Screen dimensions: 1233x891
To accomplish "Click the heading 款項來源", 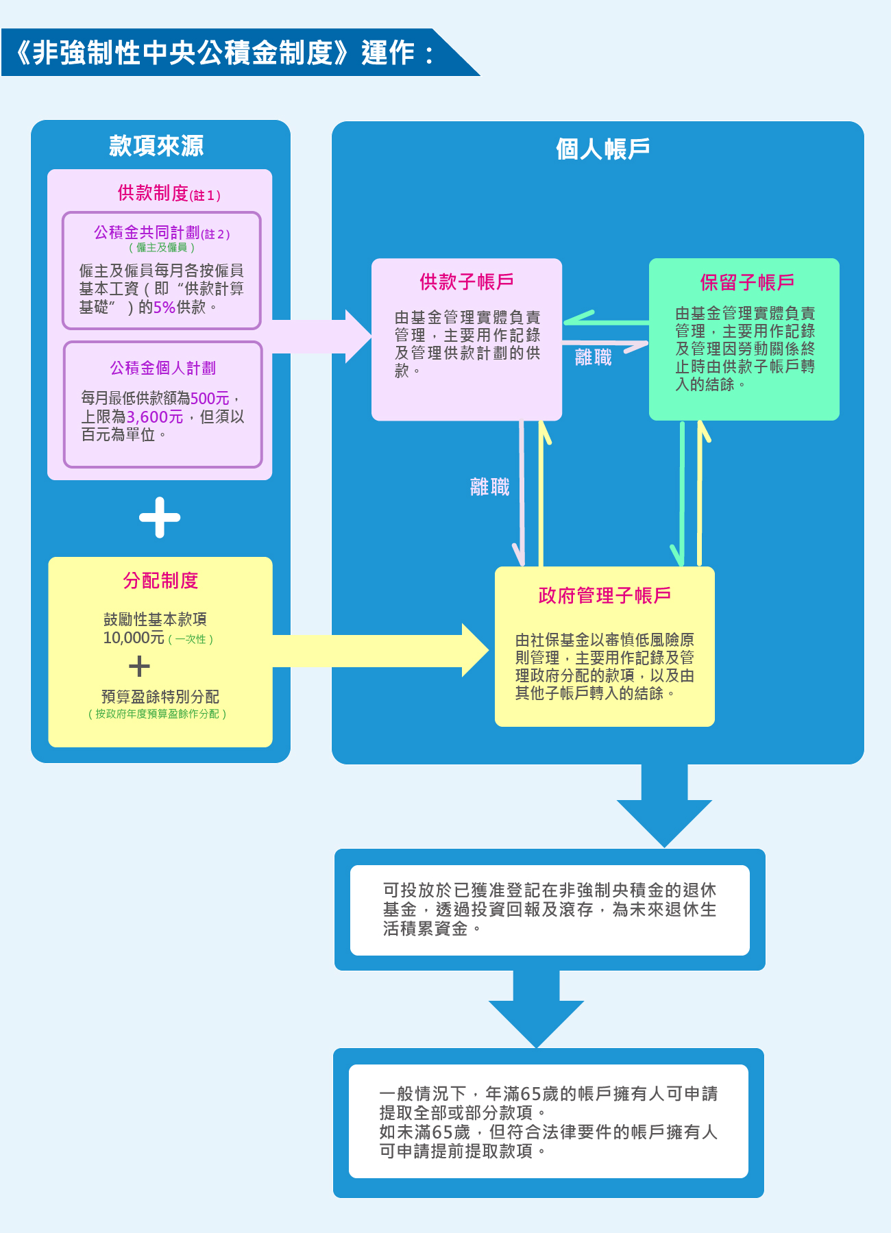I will [x=156, y=146].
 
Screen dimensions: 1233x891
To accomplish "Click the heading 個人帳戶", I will [x=602, y=149].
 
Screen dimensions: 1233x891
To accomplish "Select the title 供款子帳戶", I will [x=467, y=282].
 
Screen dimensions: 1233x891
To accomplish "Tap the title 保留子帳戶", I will [x=747, y=282].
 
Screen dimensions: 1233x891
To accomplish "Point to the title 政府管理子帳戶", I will [x=605, y=595].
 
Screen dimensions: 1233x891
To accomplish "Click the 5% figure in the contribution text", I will [x=164, y=308].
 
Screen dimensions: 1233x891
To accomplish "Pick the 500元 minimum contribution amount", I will [x=210, y=399].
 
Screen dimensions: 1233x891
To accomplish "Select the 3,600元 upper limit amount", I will [x=155, y=417].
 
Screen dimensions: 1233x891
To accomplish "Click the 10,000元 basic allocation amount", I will [x=134, y=638].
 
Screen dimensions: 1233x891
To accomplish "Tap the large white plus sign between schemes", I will [x=160, y=517].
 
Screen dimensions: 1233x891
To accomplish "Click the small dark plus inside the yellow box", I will [x=139, y=667].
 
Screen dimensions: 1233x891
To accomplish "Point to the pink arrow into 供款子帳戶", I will [x=322, y=336].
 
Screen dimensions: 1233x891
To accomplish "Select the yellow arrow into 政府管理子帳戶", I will [x=384, y=651].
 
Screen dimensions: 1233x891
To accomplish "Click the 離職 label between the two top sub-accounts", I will [x=594, y=358].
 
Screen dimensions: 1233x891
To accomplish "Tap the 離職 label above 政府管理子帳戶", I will [x=489, y=487].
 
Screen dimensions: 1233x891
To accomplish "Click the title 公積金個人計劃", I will [x=162, y=369].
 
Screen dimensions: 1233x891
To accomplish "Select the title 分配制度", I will [x=160, y=581].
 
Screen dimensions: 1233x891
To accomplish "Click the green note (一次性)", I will [x=191, y=639].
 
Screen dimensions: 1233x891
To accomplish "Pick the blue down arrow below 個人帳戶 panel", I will [x=664, y=808].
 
